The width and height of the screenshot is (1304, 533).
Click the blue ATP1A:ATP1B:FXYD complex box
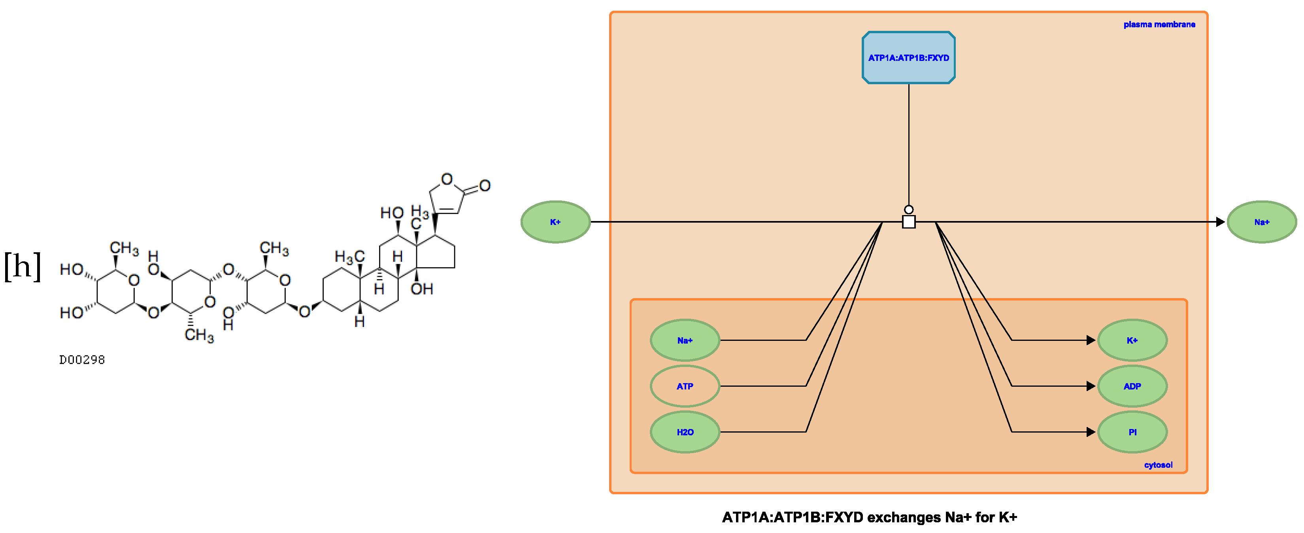pos(908,58)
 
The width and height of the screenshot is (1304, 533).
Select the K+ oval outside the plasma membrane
pos(555,222)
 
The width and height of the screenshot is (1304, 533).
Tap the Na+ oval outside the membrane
pos(1261,222)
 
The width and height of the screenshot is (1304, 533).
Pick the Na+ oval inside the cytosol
pos(684,340)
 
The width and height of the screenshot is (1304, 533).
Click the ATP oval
pos(684,386)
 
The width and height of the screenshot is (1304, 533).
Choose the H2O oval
pos(684,432)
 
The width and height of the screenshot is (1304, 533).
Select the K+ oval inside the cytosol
pos(1132,340)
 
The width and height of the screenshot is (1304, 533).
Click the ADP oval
pos(1132,386)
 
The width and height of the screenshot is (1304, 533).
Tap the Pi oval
pos(1132,432)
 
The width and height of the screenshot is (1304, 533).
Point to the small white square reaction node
pos(909,222)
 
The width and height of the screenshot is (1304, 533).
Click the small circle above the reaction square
pos(909,210)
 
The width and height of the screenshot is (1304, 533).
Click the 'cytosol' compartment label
pos(1158,465)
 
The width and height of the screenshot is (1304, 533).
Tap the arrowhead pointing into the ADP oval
pos(1091,386)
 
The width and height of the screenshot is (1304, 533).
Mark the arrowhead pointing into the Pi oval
pos(1091,432)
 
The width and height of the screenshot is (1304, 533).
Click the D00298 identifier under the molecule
pos(82,360)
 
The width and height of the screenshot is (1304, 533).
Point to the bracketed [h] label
pos(22,266)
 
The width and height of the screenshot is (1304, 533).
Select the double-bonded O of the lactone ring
pos(485,186)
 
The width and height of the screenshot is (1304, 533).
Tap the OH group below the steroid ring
pos(421,289)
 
